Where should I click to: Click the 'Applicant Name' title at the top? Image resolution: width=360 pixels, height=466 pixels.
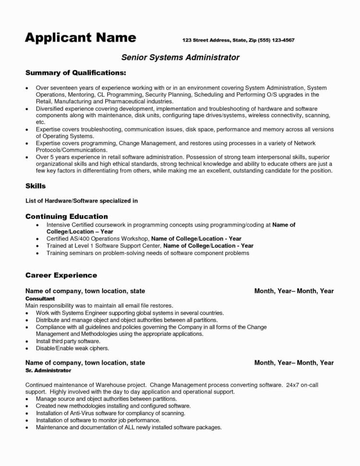(x=80, y=37)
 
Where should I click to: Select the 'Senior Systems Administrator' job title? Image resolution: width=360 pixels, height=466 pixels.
(x=180, y=57)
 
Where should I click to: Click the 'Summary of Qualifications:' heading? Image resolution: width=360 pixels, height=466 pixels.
(x=75, y=73)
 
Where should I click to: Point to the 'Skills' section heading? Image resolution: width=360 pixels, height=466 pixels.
(x=35, y=185)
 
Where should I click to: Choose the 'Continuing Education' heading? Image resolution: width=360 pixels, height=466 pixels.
(x=66, y=216)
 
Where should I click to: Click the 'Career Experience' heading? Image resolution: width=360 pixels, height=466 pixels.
(x=61, y=275)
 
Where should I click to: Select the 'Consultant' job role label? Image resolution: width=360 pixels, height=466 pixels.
(x=40, y=298)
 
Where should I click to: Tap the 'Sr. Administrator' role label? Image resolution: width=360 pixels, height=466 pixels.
(x=48, y=370)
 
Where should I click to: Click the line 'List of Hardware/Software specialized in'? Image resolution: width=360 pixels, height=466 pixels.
(x=81, y=201)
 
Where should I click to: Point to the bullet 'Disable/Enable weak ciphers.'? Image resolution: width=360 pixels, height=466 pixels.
(x=72, y=348)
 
